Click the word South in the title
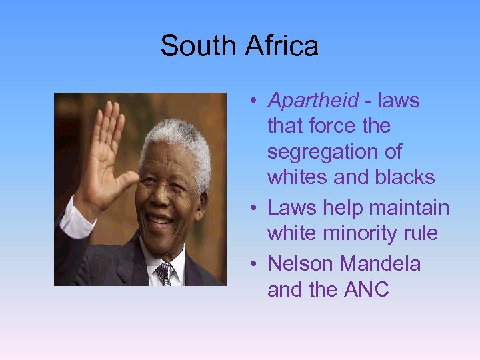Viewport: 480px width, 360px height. (x=198, y=46)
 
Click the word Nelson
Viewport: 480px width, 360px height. (x=300, y=264)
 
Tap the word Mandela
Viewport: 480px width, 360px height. (x=380, y=264)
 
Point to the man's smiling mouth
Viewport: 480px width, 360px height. (x=161, y=219)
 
